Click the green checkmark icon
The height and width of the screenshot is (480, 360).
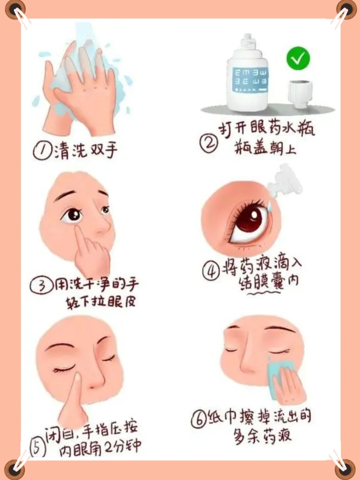(x=298, y=58)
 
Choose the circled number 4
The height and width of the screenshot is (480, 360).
(x=211, y=271)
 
